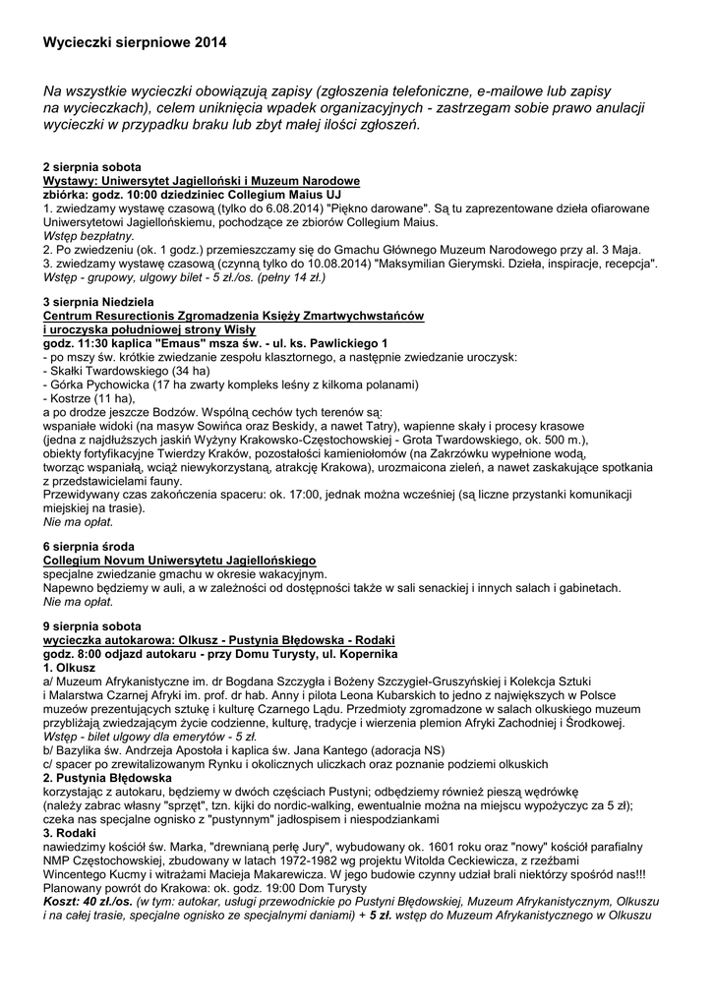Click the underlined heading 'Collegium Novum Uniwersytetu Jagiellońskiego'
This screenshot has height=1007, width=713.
tap(178, 559)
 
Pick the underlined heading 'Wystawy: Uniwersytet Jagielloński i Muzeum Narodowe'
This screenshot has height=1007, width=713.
tap(202, 182)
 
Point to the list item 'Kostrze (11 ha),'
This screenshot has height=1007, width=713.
tap(89, 398)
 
